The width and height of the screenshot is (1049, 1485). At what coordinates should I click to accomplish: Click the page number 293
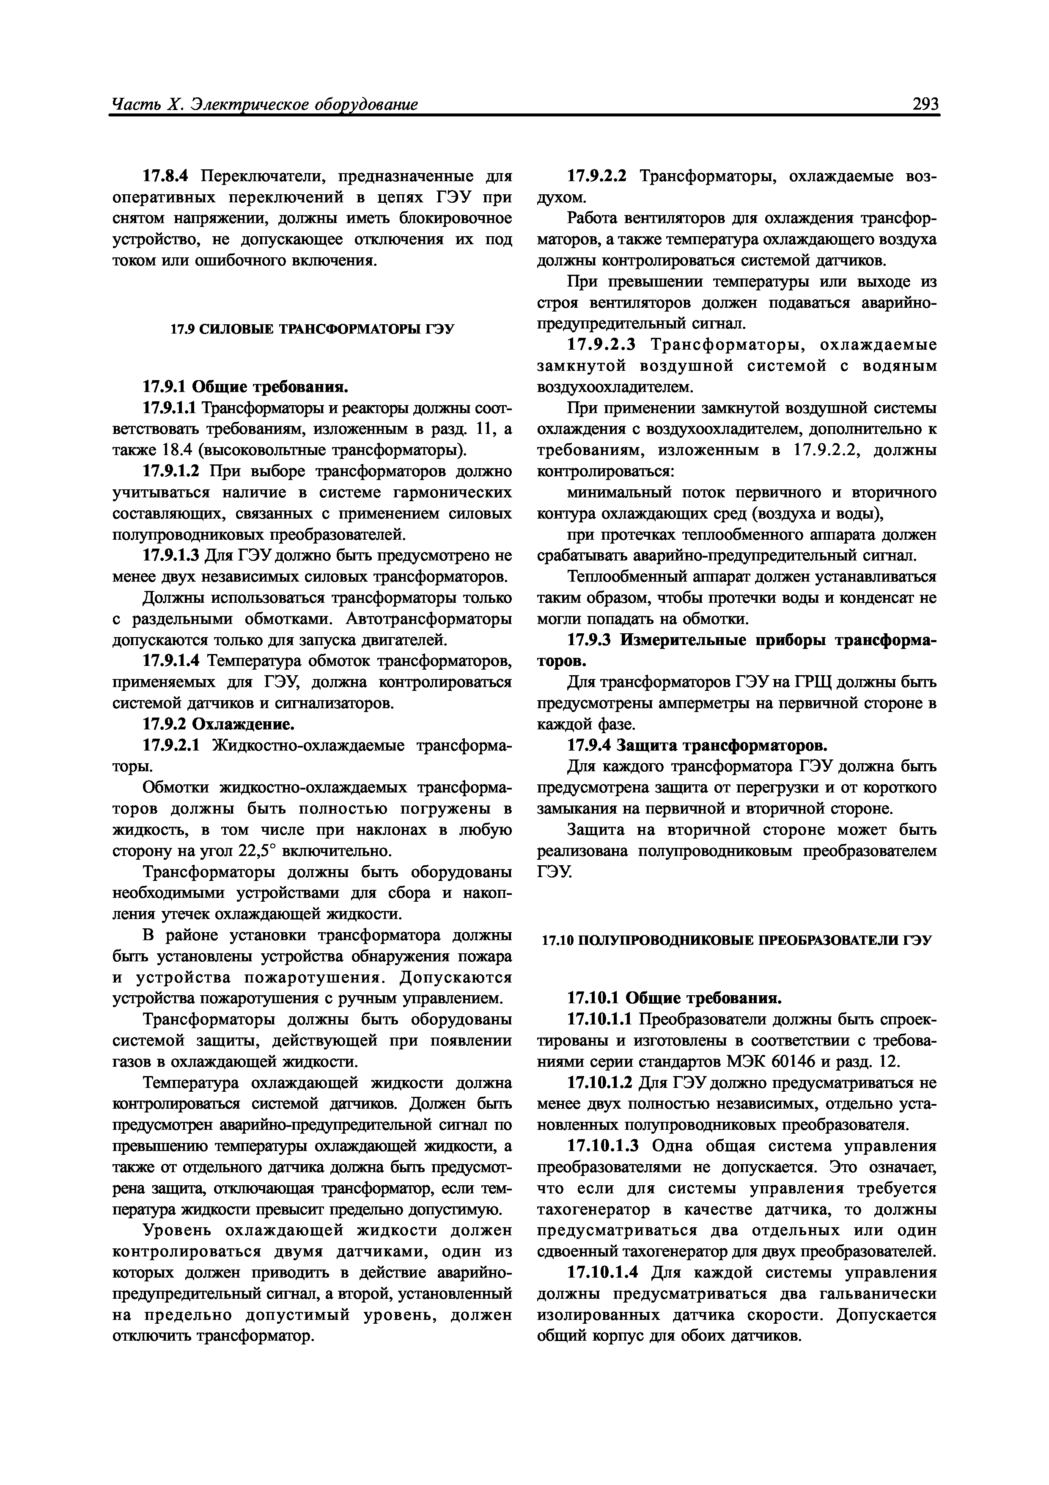(x=925, y=103)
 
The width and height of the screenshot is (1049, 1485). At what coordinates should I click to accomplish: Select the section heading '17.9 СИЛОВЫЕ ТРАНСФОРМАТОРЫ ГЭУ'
(x=312, y=329)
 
